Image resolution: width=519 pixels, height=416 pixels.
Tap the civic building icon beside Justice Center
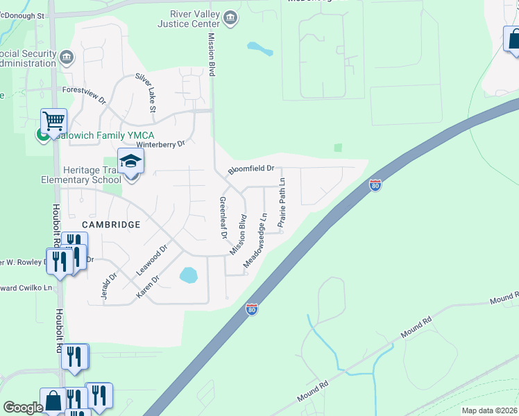tap(230, 16)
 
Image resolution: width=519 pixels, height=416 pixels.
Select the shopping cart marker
tap(53, 121)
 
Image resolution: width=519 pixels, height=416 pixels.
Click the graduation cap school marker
tap(130, 162)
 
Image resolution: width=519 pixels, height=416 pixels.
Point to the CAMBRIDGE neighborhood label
tap(111, 225)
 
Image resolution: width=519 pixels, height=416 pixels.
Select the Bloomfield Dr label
tap(251, 168)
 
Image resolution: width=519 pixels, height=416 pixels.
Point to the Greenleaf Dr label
tap(223, 218)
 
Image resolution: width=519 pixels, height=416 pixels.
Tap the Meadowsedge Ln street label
tap(255, 241)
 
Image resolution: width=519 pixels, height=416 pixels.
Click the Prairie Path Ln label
tap(282, 203)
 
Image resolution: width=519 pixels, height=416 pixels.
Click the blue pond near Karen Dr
tap(188, 275)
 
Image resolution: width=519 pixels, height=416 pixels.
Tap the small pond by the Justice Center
tap(259, 49)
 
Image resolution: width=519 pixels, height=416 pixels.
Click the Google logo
tap(23, 408)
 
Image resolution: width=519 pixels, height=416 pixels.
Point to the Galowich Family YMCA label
tap(101, 135)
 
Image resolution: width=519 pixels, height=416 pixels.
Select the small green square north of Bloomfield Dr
tap(338, 147)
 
